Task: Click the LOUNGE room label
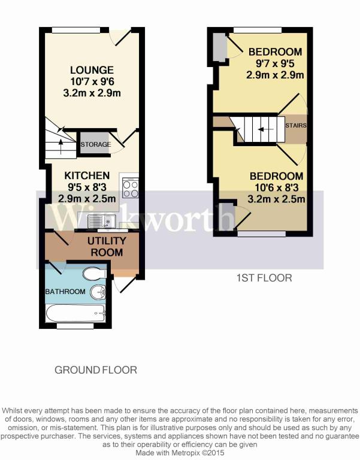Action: [92, 70]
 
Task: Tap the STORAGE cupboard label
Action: [96, 144]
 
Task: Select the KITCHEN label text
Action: [87, 175]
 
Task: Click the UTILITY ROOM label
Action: [107, 247]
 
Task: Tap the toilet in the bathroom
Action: [94, 274]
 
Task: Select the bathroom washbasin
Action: [98, 292]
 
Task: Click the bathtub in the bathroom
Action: [75, 313]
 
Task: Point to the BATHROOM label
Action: [65, 292]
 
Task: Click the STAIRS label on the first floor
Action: [296, 125]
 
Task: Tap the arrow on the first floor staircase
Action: [266, 129]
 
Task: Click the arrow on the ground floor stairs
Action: [60, 146]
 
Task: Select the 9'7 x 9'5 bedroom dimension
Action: [275, 63]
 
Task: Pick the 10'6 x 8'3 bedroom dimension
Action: [276, 187]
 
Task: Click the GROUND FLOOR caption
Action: [96, 370]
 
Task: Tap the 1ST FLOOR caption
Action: [264, 278]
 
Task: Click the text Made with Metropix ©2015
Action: [180, 452]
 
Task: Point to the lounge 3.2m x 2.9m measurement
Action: [92, 93]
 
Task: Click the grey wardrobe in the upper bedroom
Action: [219, 47]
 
